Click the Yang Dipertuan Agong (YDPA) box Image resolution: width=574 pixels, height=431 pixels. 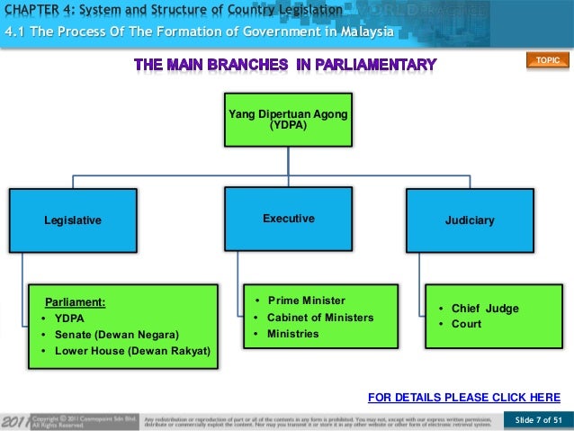[x=287, y=119]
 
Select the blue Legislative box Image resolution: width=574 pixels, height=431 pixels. [x=73, y=219]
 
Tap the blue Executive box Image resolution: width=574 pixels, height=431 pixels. [x=288, y=218]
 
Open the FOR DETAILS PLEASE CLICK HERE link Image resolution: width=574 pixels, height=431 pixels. [x=464, y=397]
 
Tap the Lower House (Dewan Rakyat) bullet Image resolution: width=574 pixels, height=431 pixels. [x=131, y=350]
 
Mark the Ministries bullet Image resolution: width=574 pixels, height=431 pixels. [x=292, y=334]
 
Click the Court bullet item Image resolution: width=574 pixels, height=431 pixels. [x=466, y=324]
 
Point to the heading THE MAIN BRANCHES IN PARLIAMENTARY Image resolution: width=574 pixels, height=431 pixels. [x=285, y=64]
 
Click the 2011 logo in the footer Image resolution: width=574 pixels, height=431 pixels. [x=14, y=419]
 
